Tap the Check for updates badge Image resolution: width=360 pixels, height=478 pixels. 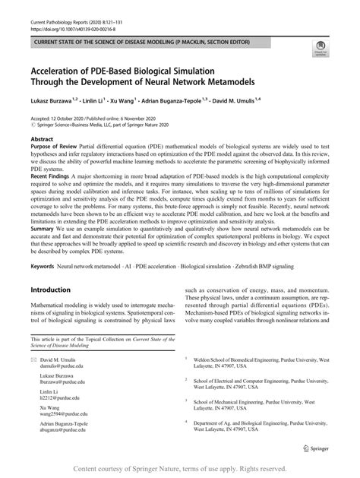[x=320, y=49]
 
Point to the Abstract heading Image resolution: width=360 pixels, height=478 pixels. [x=41, y=140]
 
